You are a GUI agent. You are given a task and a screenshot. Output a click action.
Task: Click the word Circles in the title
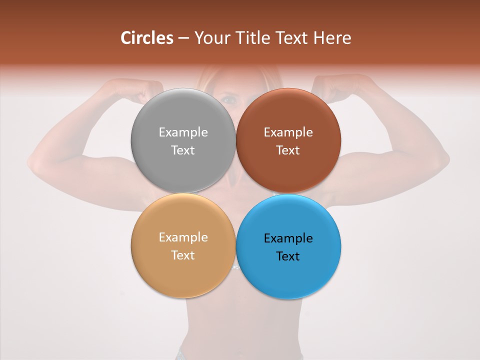pos(147,38)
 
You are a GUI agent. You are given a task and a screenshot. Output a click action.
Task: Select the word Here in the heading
pos(332,38)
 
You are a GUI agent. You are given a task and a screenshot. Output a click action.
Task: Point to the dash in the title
pos(183,38)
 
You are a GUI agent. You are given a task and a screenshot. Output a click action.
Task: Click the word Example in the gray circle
pos(183,132)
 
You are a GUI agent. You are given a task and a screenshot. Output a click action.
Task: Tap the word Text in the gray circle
pos(183,150)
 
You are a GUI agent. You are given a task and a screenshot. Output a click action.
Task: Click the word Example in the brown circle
pos(288,132)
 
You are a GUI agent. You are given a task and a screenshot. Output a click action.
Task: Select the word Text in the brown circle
pos(288,150)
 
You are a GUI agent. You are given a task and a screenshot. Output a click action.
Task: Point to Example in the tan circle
pos(183,237)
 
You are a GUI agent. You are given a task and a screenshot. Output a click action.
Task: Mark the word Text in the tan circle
pos(183,255)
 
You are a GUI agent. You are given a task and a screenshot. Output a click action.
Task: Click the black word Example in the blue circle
pos(288,238)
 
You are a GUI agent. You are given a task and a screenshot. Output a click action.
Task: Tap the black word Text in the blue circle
pos(288,256)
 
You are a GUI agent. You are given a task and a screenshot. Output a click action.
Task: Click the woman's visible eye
pos(229,99)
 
